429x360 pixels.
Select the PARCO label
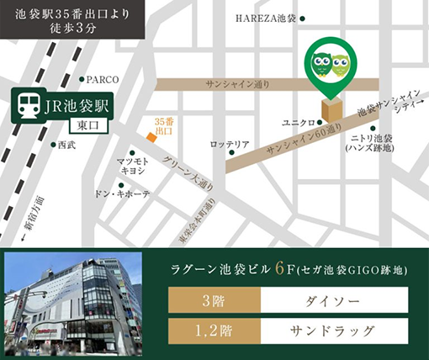pos(103,80)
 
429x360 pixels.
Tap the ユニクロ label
pos(298,123)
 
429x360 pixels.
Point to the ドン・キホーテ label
pos(122,193)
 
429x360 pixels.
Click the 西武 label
pos(66,145)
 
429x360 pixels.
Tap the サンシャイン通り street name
pos(236,84)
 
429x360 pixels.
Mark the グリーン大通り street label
pos(188,173)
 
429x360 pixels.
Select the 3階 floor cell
pos(214,299)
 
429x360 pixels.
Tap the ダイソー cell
pos(335,299)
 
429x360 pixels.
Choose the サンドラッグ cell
pos(335,330)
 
